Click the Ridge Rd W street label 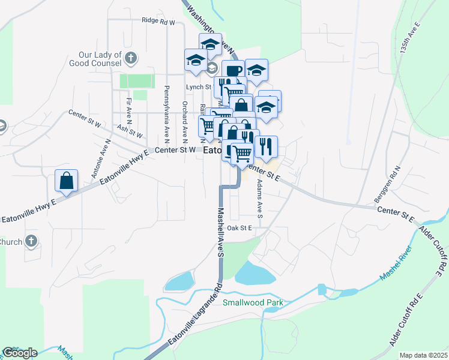158,21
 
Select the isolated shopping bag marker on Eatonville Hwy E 66,180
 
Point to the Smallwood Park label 253,303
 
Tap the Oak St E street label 240,228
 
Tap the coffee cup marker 233,71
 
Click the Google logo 20,353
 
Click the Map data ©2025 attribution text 423,355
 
